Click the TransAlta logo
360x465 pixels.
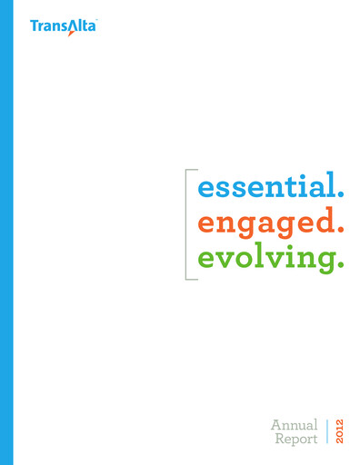[x=63, y=27]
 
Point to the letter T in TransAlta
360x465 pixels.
[x=35, y=27]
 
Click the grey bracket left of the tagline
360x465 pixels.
[x=186, y=223]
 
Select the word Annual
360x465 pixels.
[x=294, y=424]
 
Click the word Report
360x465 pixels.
[x=296, y=440]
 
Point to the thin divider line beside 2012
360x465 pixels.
[x=326, y=432]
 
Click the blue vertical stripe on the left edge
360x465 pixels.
[x=6, y=232]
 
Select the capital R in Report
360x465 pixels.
[x=278, y=440]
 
